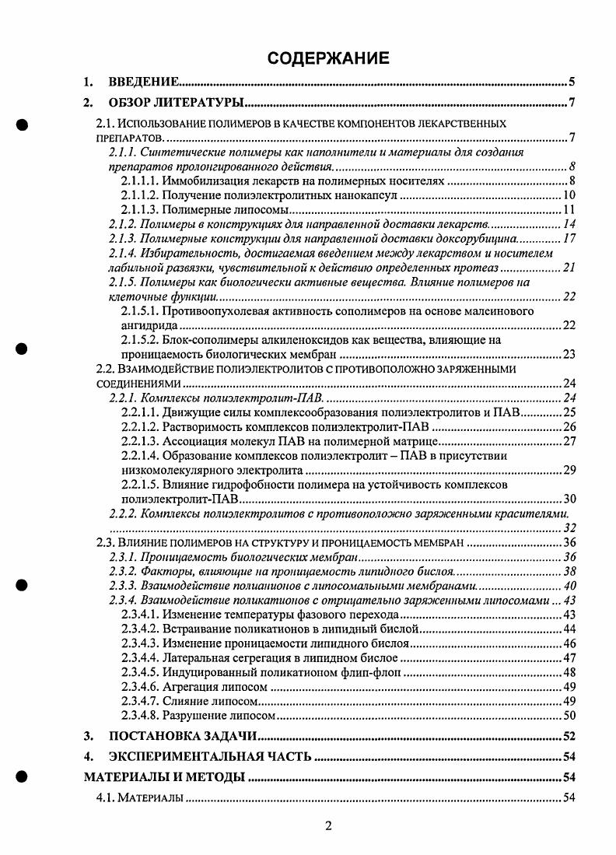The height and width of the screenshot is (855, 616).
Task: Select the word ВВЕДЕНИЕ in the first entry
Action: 145,82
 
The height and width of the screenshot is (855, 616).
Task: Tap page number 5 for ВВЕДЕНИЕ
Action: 571,82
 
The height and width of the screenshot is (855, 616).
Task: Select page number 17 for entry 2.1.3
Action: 569,238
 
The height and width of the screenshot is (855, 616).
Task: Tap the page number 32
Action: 569,527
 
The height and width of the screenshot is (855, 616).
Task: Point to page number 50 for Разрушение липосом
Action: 569,716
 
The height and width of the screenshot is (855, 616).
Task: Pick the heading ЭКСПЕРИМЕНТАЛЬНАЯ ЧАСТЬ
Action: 210,756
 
